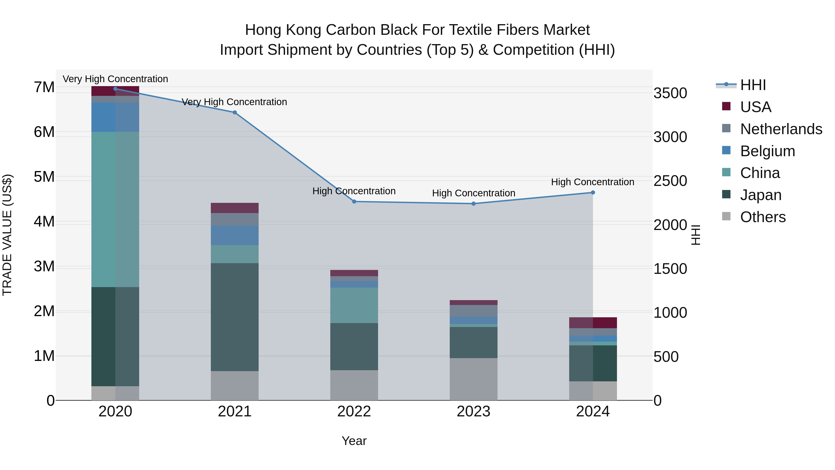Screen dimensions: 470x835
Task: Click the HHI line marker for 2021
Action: pos(235,113)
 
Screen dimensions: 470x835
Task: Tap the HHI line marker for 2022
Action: pos(354,201)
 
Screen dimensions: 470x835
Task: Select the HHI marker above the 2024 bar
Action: pos(593,192)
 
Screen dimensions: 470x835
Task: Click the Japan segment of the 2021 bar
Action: pos(235,317)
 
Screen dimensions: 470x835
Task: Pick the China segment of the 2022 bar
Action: pos(354,305)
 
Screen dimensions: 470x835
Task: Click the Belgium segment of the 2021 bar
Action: pos(235,235)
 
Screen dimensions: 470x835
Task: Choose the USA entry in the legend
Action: pos(755,107)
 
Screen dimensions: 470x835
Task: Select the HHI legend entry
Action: pos(753,85)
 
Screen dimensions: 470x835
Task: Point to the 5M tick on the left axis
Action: pos(44,177)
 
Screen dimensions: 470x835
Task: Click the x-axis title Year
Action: pos(354,441)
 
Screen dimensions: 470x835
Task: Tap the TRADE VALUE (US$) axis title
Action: pos(7,235)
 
